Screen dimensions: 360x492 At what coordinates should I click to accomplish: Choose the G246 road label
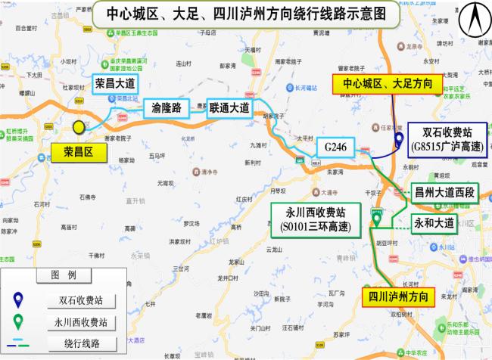click(x=335, y=146)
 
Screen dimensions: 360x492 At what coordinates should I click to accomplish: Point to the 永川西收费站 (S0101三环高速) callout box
click(x=315, y=218)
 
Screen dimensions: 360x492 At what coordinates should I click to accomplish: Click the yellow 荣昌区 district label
click(x=77, y=152)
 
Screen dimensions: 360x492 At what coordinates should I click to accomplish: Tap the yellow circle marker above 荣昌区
click(x=79, y=129)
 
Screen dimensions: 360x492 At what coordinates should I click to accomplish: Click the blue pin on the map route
click(x=399, y=139)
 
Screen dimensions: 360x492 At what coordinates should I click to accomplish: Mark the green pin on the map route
click(x=376, y=219)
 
